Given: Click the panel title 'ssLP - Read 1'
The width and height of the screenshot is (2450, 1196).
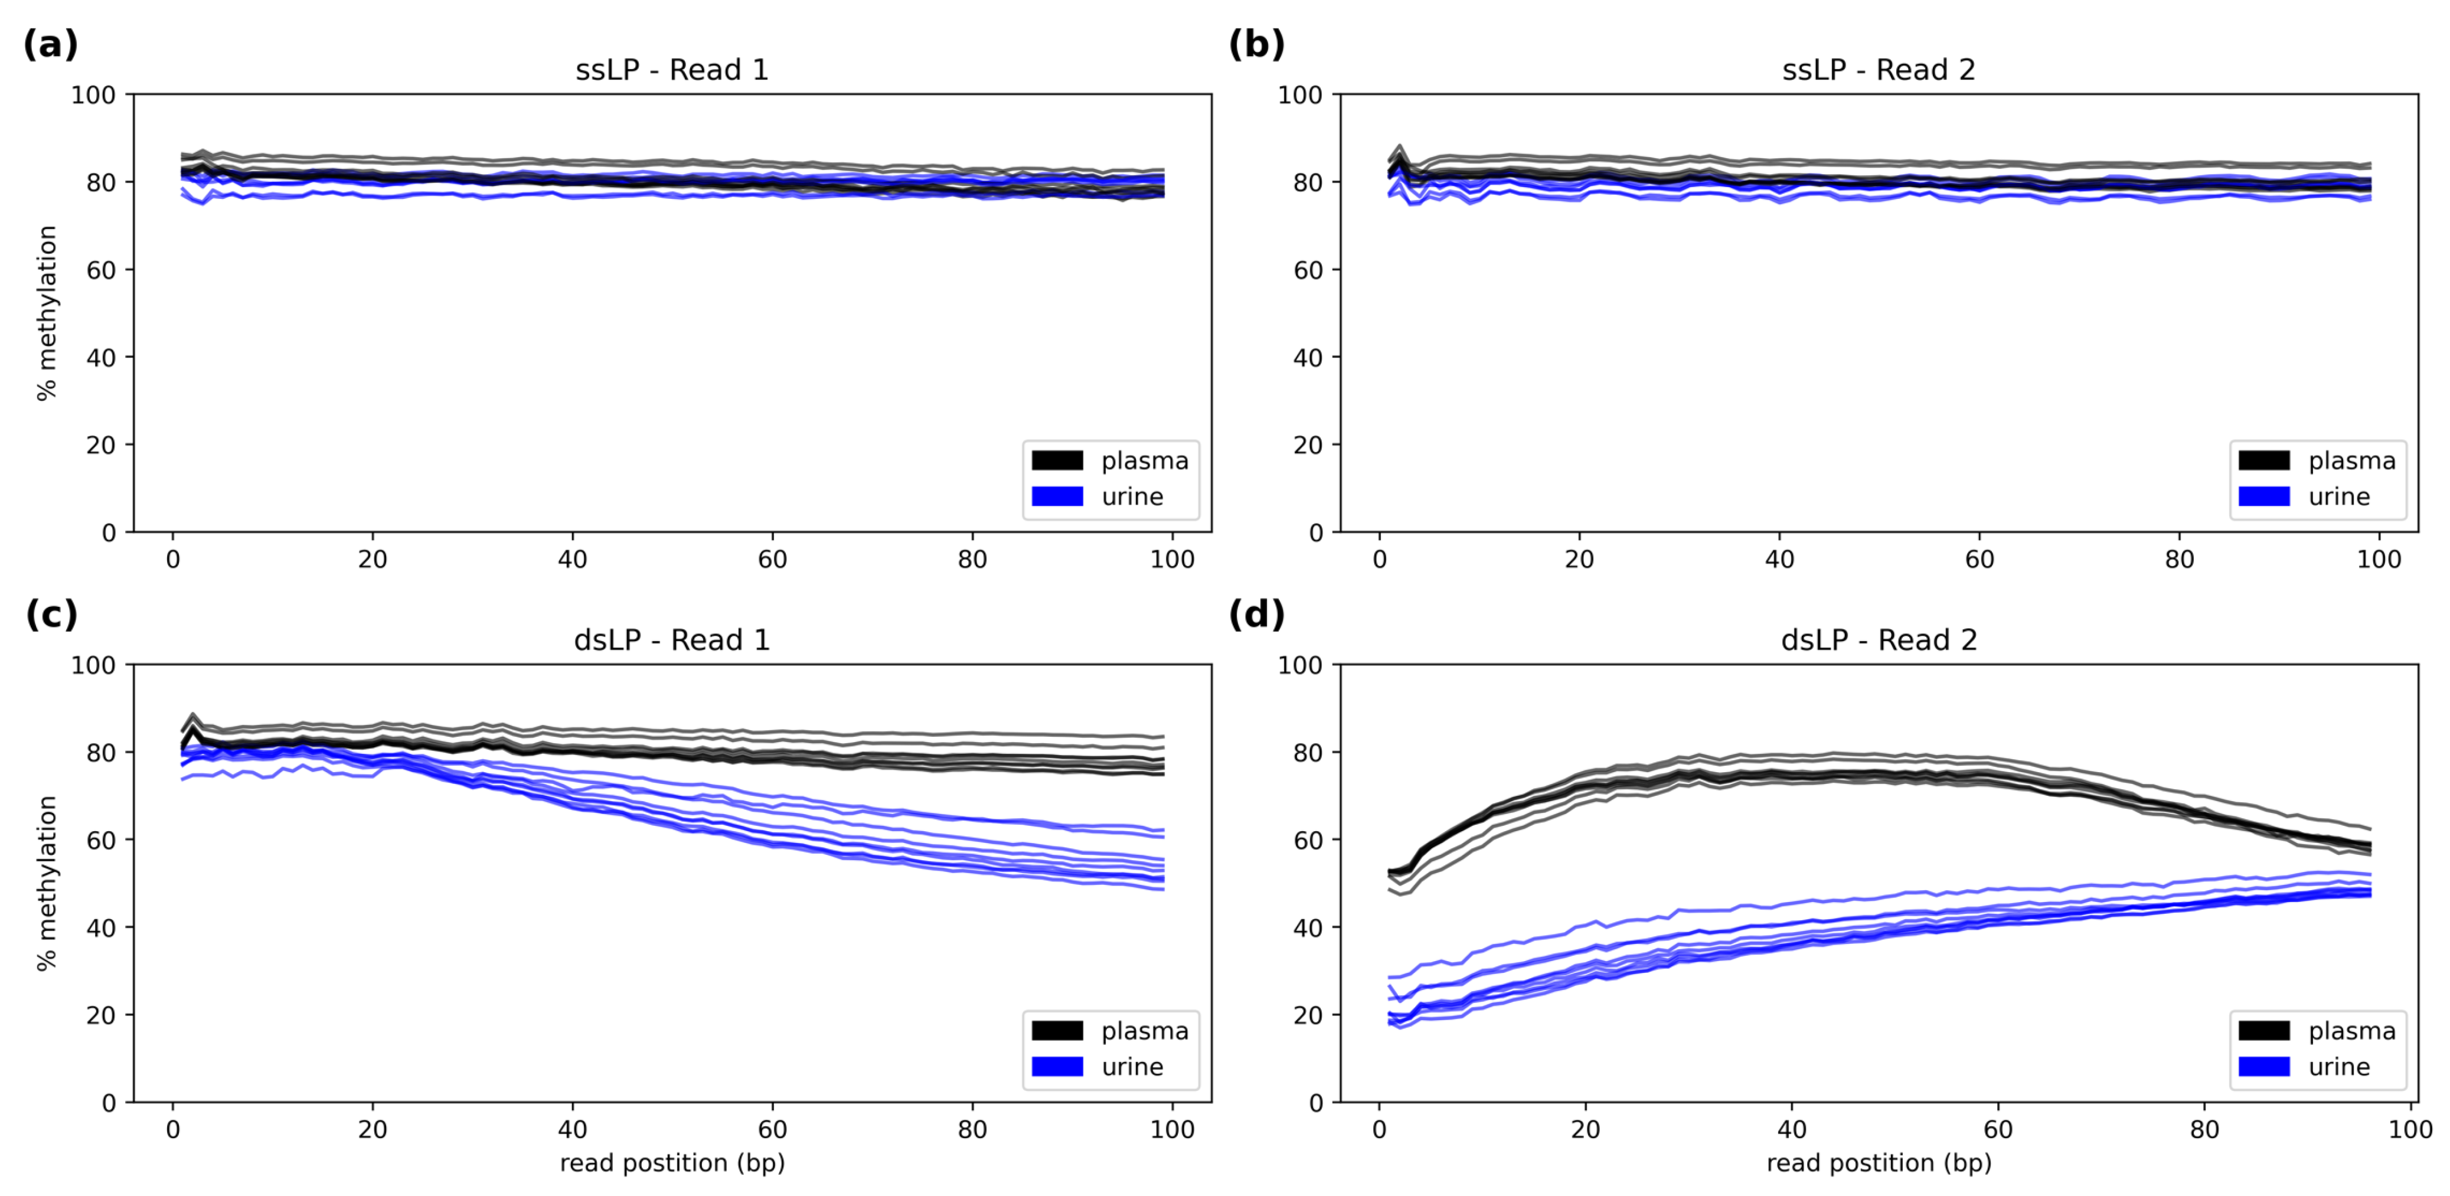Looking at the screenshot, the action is click(671, 70).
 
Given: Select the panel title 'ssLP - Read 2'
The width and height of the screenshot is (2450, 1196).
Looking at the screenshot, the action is click(1879, 70).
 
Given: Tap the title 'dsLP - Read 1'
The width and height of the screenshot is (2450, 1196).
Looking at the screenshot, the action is click(671, 640).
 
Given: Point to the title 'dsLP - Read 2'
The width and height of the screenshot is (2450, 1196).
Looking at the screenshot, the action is click(1879, 640).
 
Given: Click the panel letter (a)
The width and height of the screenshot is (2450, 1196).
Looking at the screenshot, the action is click(50, 45).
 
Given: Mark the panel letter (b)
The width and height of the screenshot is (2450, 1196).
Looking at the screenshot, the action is click(1256, 45).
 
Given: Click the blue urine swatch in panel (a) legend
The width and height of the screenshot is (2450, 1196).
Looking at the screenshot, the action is click(1057, 496).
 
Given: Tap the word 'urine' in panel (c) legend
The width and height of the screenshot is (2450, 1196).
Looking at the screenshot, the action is click(1132, 1067).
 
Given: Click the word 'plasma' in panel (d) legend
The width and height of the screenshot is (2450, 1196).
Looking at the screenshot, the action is click(2351, 1031).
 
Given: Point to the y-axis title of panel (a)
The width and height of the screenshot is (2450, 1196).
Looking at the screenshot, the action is click(47, 313).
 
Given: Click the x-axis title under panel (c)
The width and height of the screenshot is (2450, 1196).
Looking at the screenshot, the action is click(671, 1163).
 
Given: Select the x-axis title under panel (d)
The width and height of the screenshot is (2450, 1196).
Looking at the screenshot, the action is click(1879, 1163).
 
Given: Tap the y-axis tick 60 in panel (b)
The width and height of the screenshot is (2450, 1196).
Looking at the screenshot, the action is click(1308, 270).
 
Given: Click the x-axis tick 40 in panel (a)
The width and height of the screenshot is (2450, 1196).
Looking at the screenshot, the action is click(573, 559).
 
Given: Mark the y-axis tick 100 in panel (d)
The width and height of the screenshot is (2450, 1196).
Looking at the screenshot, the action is click(1300, 665).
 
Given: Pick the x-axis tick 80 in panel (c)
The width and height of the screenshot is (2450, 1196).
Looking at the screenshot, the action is click(972, 1129).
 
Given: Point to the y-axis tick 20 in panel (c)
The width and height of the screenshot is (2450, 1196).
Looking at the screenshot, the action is click(101, 1015).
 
